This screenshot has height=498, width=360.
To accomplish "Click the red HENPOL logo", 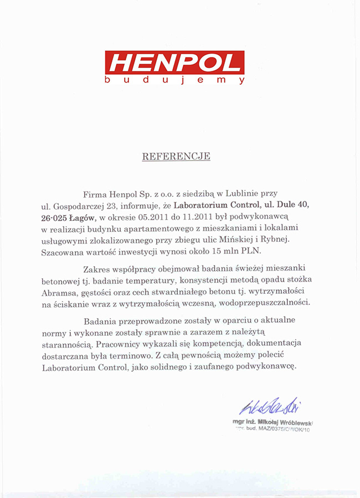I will click(174, 63).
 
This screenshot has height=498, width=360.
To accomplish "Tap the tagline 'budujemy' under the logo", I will click(174, 81).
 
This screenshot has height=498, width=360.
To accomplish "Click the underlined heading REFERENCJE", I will click(176, 156).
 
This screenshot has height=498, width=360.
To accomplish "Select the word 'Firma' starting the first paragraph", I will click(95, 194).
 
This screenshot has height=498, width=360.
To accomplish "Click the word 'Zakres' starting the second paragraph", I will click(97, 271).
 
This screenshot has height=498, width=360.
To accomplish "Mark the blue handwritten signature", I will click(270, 408).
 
